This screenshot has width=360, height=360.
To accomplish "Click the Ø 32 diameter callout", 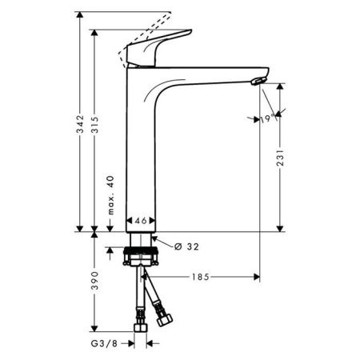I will [185, 247].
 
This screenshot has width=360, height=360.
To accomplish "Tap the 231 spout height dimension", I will [278, 164].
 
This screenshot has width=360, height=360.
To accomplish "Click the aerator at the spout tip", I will [257, 80].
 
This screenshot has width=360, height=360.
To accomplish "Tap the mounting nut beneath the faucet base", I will [145, 257].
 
